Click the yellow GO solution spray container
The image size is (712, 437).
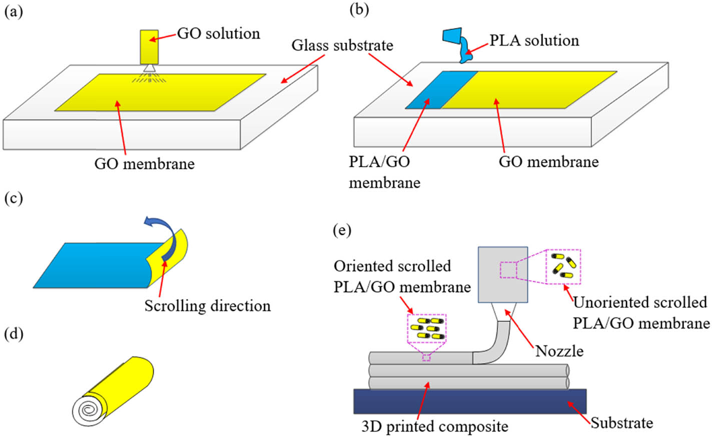(x=149, y=47)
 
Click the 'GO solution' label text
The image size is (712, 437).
(x=219, y=33)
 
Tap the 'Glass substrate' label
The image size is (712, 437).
(x=342, y=45)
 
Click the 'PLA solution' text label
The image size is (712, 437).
(x=534, y=40)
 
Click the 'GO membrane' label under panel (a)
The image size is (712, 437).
(x=145, y=163)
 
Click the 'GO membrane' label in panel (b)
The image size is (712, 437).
(x=548, y=161)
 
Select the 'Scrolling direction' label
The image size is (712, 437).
(x=207, y=305)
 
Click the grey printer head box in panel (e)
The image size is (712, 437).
(x=503, y=274)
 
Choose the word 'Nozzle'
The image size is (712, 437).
(x=559, y=351)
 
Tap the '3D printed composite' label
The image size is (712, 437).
(x=434, y=426)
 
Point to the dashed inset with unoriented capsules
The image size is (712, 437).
(x=563, y=266)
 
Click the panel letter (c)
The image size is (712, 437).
(x=14, y=198)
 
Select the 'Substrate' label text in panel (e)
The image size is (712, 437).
(x=621, y=423)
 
